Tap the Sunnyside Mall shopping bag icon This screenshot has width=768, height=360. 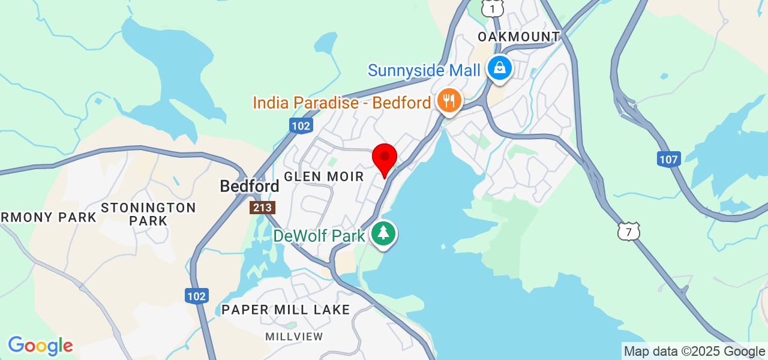[x=499, y=68]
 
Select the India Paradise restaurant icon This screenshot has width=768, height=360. [x=448, y=100]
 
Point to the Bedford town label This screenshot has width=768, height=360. [x=250, y=186]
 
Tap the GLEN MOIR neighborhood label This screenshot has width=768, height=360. [x=324, y=176]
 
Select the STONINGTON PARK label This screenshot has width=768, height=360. [x=148, y=214]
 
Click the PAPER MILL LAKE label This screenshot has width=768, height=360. [x=286, y=310]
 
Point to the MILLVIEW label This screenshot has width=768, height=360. [x=294, y=337]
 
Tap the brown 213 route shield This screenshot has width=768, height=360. [x=263, y=208]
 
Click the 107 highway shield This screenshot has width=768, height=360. [x=668, y=159]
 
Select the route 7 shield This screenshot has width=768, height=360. [x=629, y=231]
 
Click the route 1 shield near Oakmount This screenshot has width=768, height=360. [x=492, y=8]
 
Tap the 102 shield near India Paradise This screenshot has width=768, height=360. [x=301, y=125]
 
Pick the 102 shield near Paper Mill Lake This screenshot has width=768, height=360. [x=196, y=296]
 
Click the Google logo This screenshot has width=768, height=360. [x=40, y=346]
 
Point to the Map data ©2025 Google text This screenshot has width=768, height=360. [x=694, y=352]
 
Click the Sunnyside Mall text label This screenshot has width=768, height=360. [x=424, y=70]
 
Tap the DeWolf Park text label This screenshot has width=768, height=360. [x=319, y=236]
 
